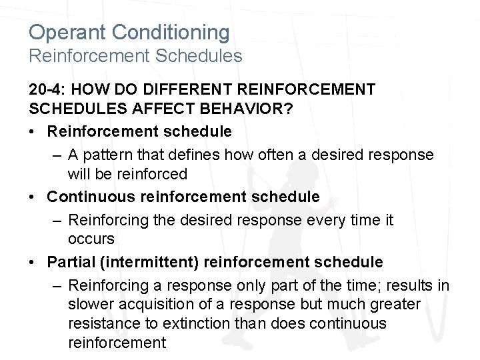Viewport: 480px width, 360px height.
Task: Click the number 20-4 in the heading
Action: pyautogui.click(x=48, y=89)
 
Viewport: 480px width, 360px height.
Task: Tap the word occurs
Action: pyautogui.click(x=91, y=238)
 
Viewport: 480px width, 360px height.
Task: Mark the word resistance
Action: pyautogui.click(x=101, y=324)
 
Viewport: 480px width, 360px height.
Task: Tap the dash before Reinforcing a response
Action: pyautogui.click(x=57, y=285)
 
